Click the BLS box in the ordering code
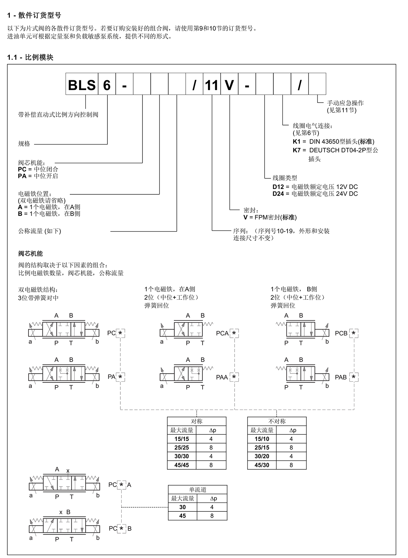click(x=82, y=84)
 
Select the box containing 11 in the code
click(x=212, y=84)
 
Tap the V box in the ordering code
click(x=229, y=84)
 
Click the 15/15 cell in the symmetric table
click(x=182, y=439)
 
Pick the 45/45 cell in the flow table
click(x=182, y=465)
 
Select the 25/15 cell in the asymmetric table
click(x=262, y=448)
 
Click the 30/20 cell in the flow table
click(x=262, y=456)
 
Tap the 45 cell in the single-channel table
click(x=183, y=516)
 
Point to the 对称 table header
click(x=197, y=421)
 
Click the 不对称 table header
click(x=277, y=421)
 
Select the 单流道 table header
click(x=198, y=489)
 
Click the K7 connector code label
click(x=296, y=150)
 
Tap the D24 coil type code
click(x=278, y=194)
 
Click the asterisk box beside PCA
click(x=234, y=333)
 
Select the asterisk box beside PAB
click(x=354, y=377)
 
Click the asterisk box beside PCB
click(x=354, y=333)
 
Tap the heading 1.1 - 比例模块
click(x=30, y=57)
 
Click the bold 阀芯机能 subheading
click(x=30, y=254)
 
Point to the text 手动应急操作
click(x=345, y=103)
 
